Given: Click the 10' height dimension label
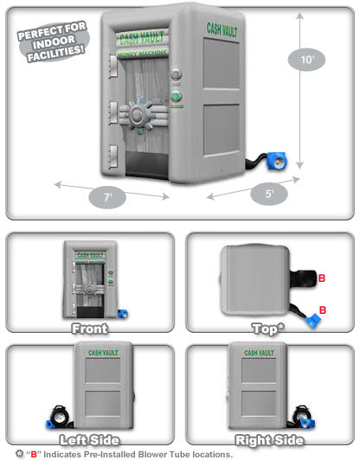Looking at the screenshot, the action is [306, 60].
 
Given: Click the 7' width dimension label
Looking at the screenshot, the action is [107, 197].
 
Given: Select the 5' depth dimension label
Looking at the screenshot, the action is [269, 194].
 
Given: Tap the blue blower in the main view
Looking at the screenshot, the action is [276, 161].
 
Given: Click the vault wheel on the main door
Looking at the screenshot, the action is [138, 115].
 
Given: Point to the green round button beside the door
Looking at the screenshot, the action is [176, 96].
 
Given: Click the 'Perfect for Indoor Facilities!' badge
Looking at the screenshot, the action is [53, 42].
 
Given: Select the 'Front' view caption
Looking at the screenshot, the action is [89, 329].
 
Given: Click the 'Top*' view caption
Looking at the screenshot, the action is [268, 329].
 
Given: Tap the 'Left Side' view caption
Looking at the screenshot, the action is [89, 440].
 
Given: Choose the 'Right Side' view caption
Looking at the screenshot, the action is [269, 440].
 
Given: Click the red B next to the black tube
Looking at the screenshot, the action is [322, 278].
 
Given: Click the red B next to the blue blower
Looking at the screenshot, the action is [323, 310].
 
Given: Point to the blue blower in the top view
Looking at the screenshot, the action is [312, 320].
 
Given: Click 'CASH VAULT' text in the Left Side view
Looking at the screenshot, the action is [103, 352].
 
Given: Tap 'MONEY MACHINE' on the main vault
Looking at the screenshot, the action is [142, 54].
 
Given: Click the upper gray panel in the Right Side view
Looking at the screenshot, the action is [259, 370].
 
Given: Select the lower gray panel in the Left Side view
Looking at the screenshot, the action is [103, 404].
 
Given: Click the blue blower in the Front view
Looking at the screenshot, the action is [123, 314].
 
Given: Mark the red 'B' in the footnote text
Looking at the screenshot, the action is [34, 454].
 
